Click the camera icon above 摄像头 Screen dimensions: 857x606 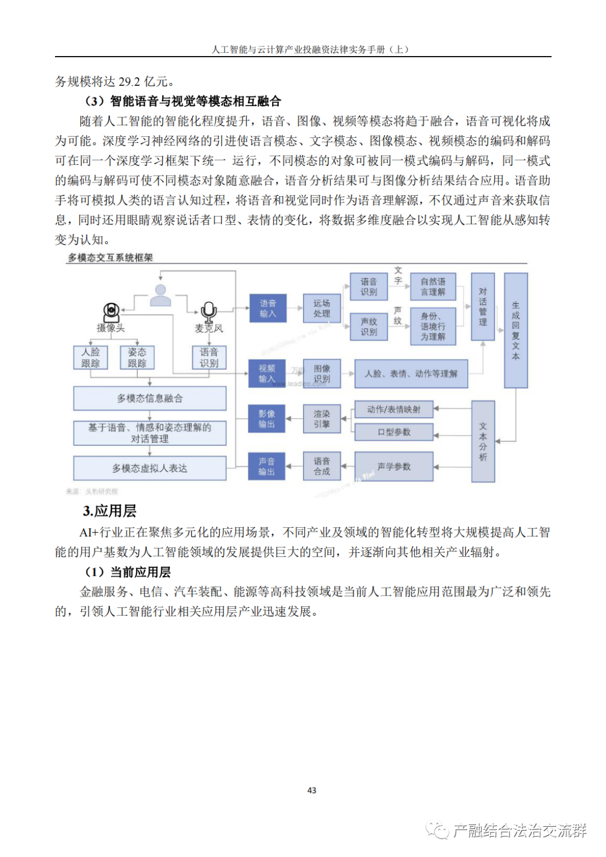(112, 311)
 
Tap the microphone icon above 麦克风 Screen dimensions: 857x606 (209, 311)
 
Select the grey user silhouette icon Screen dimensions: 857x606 (160, 295)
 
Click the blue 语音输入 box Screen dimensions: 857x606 (268, 308)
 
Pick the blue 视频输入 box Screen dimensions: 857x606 (267, 374)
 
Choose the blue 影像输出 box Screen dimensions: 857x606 (267, 419)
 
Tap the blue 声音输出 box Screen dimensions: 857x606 (267, 467)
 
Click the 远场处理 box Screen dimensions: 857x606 (322, 308)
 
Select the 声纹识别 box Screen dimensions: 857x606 (369, 326)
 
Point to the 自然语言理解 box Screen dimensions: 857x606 (433, 287)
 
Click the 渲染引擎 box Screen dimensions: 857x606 (322, 419)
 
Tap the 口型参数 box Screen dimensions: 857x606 (394, 432)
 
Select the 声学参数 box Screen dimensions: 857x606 (394, 467)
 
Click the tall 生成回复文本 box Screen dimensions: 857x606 (516, 330)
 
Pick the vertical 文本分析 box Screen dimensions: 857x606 (483, 441)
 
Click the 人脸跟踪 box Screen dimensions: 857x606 (90, 357)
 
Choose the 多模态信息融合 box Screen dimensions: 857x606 (150, 398)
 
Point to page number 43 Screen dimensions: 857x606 (312, 790)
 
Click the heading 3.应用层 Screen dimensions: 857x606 (109, 511)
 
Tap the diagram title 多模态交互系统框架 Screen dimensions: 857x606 (111, 257)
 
